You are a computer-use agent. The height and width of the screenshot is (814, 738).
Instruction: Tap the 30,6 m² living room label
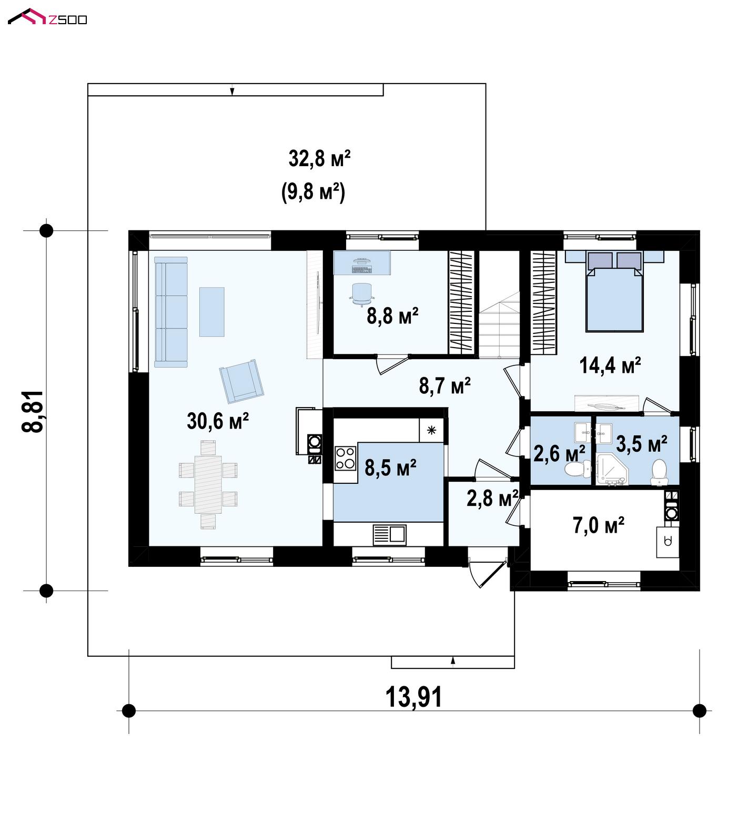[218, 421]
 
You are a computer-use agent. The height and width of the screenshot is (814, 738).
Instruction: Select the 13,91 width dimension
[414, 697]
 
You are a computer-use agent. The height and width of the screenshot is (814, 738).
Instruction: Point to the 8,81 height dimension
[33, 412]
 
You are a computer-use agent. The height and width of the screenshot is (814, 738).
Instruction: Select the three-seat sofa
[171, 312]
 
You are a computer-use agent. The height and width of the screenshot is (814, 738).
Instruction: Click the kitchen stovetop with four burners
[346, 457]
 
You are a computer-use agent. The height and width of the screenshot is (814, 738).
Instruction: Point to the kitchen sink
[390, 535]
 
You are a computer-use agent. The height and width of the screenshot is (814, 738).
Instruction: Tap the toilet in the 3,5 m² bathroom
[659, 472]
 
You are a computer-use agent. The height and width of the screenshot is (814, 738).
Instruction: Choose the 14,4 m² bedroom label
[610, 365]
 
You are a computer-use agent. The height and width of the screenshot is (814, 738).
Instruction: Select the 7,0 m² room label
[599, 525]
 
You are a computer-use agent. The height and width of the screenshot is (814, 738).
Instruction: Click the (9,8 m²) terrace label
[313, 191]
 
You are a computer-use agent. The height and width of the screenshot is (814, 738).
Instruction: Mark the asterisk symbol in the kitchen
[431, 431]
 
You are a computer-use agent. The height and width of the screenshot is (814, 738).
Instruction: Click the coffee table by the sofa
[211, 312]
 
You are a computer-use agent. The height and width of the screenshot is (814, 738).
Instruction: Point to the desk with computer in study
[362, 262]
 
